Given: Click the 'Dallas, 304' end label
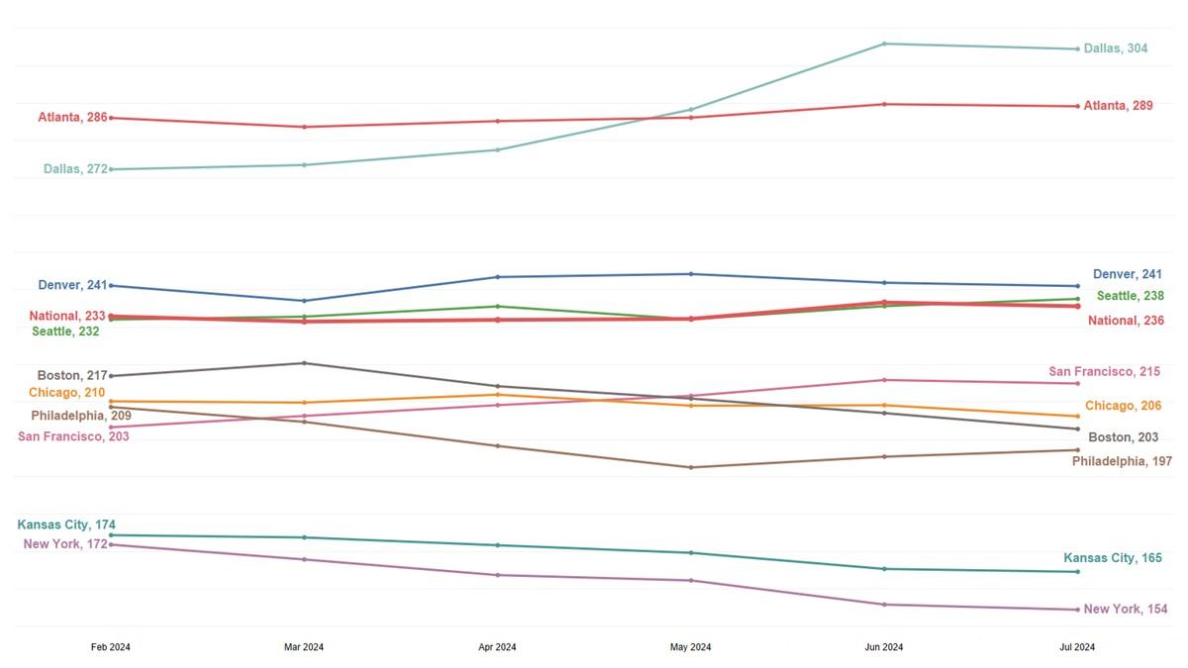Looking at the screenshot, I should pos(1116,48).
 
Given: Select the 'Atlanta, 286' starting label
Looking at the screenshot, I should pos(72,118).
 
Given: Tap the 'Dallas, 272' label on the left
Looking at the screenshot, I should pos(75,169).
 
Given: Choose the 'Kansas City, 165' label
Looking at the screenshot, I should pos(1113,558).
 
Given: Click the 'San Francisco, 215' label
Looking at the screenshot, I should pos(1104,372).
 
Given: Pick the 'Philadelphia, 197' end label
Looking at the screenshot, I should pos(1122,462).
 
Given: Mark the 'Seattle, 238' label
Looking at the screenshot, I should pos(1130,296).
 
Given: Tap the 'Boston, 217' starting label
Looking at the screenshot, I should pos(71,376).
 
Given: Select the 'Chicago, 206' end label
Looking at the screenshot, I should pos(1123,406).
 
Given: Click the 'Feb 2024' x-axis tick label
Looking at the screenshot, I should pos(111,647).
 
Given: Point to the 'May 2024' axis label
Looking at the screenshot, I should pos(691,647).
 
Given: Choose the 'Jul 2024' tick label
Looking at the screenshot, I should pos(1077,647).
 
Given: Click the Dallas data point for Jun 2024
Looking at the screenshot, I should pos(884,44).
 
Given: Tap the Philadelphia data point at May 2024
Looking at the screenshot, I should pos(691,467).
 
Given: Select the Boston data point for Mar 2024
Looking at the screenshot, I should pos(304,363).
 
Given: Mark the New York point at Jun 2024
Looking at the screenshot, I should pos(884,605).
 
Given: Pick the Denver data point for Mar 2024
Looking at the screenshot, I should pos(304,301).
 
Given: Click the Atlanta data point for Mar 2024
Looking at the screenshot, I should pos(304,127).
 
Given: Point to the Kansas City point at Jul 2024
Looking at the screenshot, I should pos(1077,572).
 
